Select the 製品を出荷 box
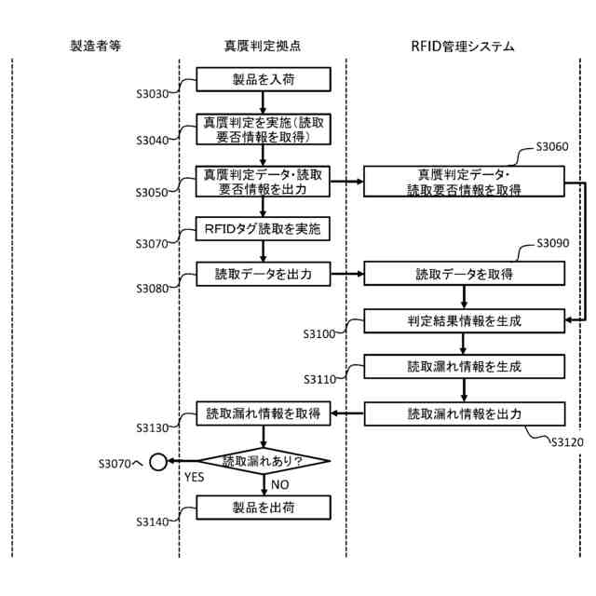click(264, 507)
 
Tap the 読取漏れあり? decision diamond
click(264, 460)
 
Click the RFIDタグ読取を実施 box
click(264, 228)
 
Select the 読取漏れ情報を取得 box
click(264, 413)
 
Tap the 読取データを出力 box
click(264, 274)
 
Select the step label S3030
click(153, 95)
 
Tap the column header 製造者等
click(95, 45)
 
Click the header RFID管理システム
click(463, 45)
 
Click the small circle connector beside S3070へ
click(158, 460)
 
